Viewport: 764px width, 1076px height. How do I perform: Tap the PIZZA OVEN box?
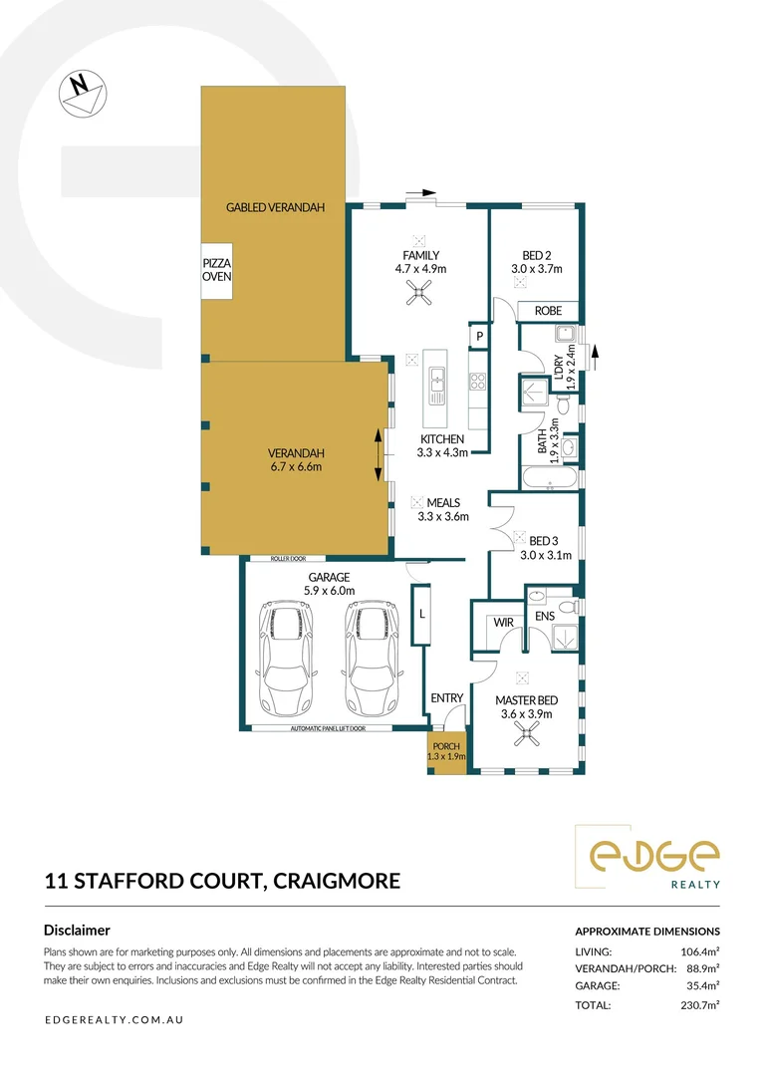pyautogui.click(x=216, y=271)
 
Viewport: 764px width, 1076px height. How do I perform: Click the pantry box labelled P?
pyautogui.click(x=479, y=337)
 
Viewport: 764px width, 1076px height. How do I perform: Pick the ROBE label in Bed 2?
pyautogui.click(x=548, y=311)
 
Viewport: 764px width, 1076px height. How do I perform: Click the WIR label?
pyautogui.click(x=503, y=622)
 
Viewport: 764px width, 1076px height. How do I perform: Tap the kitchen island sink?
pyautogui.click(x=436, y=380)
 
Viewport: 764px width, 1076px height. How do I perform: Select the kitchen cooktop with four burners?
pyautogui.click(x=477, y=381)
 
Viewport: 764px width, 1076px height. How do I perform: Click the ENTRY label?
pyautogui.click(x=446, y=697)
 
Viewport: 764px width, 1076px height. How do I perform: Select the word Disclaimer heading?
pyautogui.click(x=77, y=930)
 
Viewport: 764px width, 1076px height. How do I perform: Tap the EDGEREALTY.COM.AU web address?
pyautogui.click(x=114, y=1020)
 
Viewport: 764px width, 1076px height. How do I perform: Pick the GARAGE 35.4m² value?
pyautogui.click(x=701, y=985)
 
